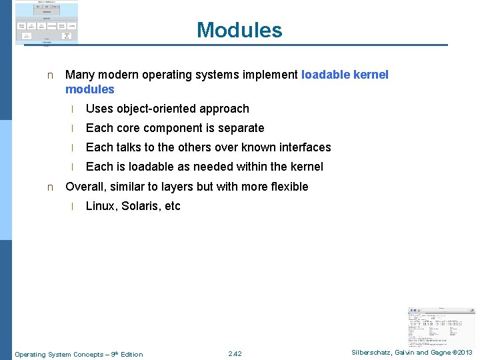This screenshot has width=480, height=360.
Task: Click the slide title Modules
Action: (239, 30)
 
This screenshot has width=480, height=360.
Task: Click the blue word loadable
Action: (325, 75)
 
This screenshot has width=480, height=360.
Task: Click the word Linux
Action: (100, 206)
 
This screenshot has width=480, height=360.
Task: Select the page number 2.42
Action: (235, 354)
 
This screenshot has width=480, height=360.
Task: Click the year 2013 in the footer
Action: (464, 353)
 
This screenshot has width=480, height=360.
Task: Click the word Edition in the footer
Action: (130, 354)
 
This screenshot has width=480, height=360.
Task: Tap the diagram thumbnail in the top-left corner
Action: (47, 23)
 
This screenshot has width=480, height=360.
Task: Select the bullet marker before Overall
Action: (50, 187)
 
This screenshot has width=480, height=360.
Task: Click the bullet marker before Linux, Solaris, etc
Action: (72, 207)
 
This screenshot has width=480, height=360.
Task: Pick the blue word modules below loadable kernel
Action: (90, 89)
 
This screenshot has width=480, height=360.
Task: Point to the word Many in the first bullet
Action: (79, 75)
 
